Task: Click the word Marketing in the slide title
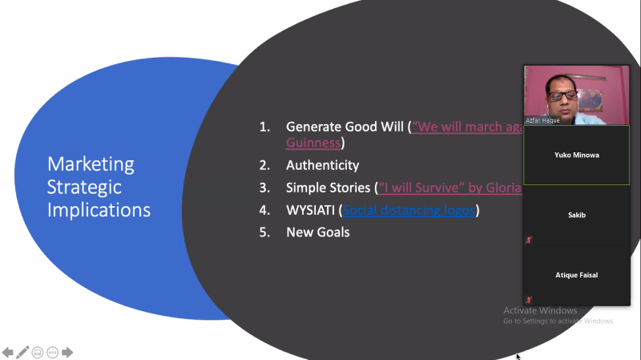pyautogui.click(x=91, y=164)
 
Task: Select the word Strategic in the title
pyautogui.click(x=84, y=187)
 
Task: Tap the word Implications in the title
pyautogui.click(x=99, y=210)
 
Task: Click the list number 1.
pyautogui.click(x=264, y=127)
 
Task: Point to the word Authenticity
pyautogui.click(x=322, y=165)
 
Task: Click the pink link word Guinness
pyautogui.click(x=313, y=143)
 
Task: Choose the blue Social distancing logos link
pyautogui.click(x=409, y=210)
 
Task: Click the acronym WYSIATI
pyautogui.click(x=310, y=210)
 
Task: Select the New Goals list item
pyautogui.click(x=317, y=233)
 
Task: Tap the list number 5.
pyautogui.click(x=264, y=233)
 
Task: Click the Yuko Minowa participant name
pyautogui.click(x=576, y=155)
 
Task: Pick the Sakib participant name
pyautogui.click(x=576, y=215)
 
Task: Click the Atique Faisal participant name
pyautogui.click(x=576, y=275)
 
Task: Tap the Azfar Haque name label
pyautogui.click(x=542, y=120)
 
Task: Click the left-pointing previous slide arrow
pyautogui.click(x=8, y=352)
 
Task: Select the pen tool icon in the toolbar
pyautogui.click(x=22, y=352)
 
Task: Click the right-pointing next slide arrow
pyautogui.click(x=68, y=352)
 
